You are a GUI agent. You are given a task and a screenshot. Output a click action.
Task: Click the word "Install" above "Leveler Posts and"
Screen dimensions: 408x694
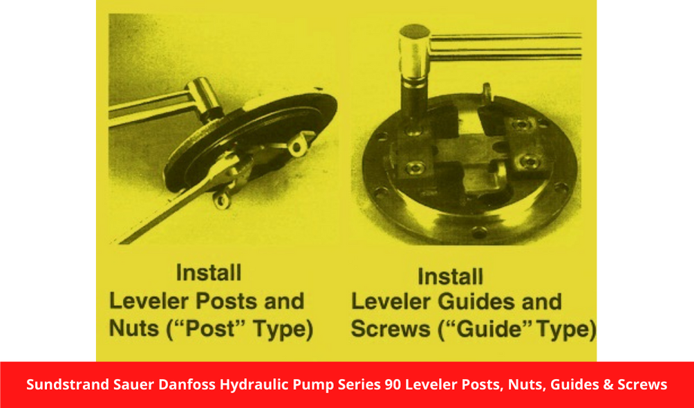pyautogui.click(x=209, y=272)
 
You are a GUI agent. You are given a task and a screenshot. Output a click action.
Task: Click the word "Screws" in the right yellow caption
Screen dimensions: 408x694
pyautogui.click(x=391, y=329)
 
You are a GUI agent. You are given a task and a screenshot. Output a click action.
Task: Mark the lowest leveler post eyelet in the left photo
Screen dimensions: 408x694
pyautogui.click(x=222, y=200)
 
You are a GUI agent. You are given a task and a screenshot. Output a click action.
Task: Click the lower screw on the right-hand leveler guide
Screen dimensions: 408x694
pyautogui.click(x=528, y=160)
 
